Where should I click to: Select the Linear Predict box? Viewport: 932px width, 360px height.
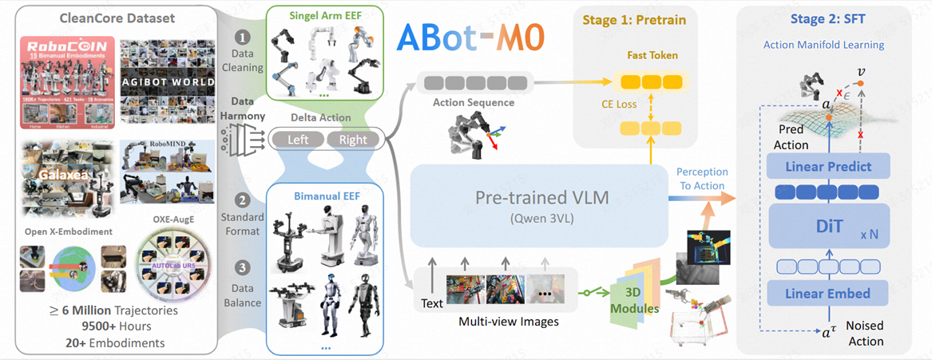click(x=827, y=167)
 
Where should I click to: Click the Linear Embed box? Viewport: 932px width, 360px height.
click(x=827, y=294)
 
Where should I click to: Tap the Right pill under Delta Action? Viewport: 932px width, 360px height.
click(x=353, y=139)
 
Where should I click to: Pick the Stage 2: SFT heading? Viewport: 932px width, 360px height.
click(x=828, y=18)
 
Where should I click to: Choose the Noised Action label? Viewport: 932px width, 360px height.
click(x=865, y=334)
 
